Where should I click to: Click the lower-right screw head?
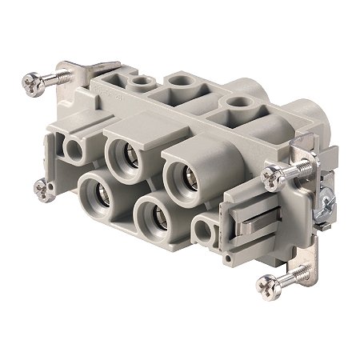pos(266,283)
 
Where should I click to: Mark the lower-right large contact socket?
pos(153,217)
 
